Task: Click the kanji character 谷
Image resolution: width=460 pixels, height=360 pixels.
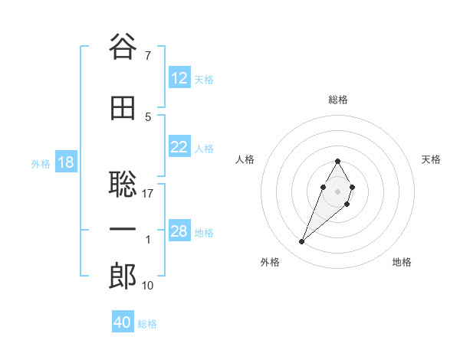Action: (x=123, y=47)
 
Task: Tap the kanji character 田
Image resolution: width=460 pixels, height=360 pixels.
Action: (x=123, y=109)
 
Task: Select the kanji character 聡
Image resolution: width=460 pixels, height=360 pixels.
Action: (x=123, y=185)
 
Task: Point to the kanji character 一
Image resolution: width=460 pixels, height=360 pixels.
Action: (x=123, y=231)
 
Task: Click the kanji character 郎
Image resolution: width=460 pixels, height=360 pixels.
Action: (x=123, y=277)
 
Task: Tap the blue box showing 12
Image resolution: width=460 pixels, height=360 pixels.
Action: (x=179, y=79)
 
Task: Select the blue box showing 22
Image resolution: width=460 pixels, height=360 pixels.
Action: (x=179, y=148)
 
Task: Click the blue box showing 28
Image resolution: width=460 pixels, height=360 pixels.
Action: (x=179, y=232)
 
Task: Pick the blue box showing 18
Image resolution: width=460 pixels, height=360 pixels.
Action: (x=65, y=163)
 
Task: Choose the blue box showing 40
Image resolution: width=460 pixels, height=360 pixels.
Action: (x=123, y=323)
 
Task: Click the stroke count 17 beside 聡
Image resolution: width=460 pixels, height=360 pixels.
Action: (x=148, y=194)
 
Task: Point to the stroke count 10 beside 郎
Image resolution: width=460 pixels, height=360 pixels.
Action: (x=148, y=286)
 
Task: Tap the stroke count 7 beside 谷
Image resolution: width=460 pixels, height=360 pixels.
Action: (x=147, y=56)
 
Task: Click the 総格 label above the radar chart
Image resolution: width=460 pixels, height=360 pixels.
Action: (x=338, y=100)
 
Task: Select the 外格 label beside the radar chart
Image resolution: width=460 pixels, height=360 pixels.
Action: (x=270, y=262)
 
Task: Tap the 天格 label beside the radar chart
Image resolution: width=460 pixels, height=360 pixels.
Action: (x=432, y=159)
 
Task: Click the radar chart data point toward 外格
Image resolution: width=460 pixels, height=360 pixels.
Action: (x=301, y=241)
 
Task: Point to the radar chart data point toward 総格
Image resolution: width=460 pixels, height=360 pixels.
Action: (x=337, y=161)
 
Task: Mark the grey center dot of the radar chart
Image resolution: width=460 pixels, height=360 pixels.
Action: (x=337, y=190)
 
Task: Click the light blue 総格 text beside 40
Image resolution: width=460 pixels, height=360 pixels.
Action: (x=147, y=324)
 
